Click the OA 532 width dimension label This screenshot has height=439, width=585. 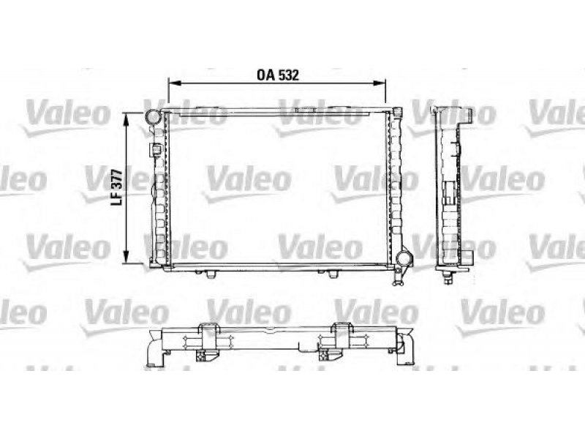tap(278, 75)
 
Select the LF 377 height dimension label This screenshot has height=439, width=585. tap(118, 187)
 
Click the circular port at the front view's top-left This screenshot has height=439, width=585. tap(153, 117)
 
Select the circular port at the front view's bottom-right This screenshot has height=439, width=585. tap(404, 258)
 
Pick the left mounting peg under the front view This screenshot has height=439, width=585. tap(211, 274)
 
